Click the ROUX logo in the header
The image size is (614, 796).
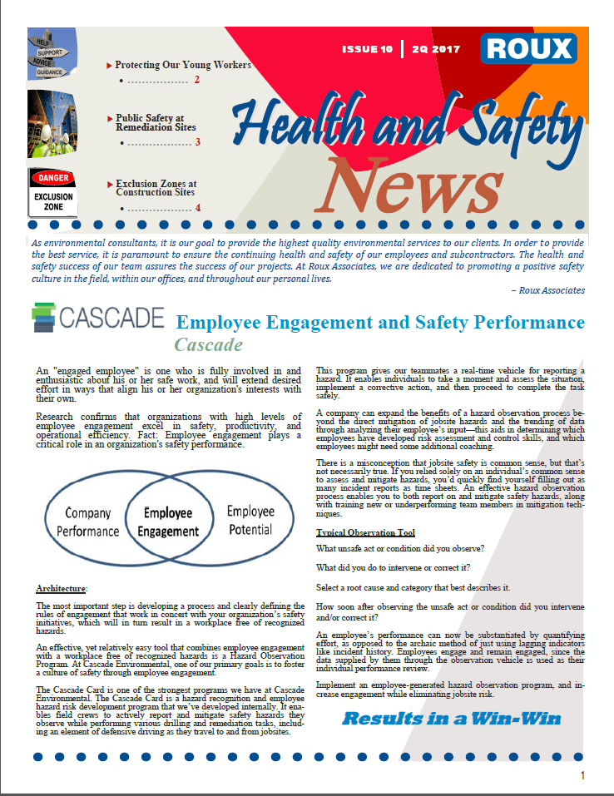click(x=528, y=49)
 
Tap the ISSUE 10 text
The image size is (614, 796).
click(x=367, y=50)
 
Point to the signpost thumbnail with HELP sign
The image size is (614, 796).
click(x=52, y=55)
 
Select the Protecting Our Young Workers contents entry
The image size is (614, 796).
click(x=182, y=64)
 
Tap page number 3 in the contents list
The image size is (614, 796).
click(x=198, y=142)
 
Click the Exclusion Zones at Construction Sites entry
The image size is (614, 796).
click(x=156, y=187)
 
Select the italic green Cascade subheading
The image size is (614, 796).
click(x=208, y=344)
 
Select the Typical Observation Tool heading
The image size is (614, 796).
click(x=365, y=532)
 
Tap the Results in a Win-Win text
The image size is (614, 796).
click(x=452, y=718)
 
